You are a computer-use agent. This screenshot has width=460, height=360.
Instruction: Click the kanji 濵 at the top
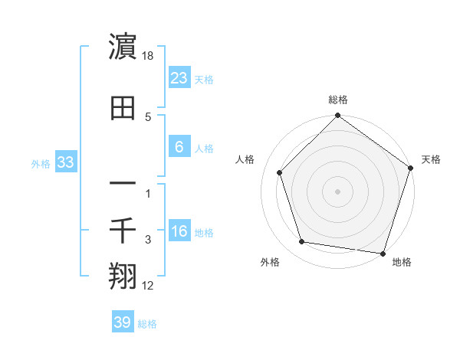[123, 48]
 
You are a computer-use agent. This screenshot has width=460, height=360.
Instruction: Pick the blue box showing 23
[179, 77]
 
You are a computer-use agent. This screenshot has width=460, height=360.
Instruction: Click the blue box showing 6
[179, 146]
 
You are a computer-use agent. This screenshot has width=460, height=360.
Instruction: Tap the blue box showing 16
[179, 231]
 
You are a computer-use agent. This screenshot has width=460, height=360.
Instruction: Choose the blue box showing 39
[122, 322]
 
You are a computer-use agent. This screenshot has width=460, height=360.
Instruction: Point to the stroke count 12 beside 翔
[148, 286]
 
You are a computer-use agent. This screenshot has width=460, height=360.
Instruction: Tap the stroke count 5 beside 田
[148, 116]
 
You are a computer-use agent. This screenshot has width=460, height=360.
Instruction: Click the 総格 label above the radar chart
[338, 100]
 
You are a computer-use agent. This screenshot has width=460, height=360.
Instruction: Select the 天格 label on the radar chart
[431, 159]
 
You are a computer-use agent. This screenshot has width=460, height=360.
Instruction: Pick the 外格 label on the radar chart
[270, 262]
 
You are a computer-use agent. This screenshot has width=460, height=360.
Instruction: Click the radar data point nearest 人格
[279, 172]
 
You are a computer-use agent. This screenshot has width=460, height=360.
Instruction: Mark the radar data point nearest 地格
[382, 252]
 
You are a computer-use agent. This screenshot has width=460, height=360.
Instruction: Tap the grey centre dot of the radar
[338, 191]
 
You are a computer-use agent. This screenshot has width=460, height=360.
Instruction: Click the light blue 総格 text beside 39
[147, 324]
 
